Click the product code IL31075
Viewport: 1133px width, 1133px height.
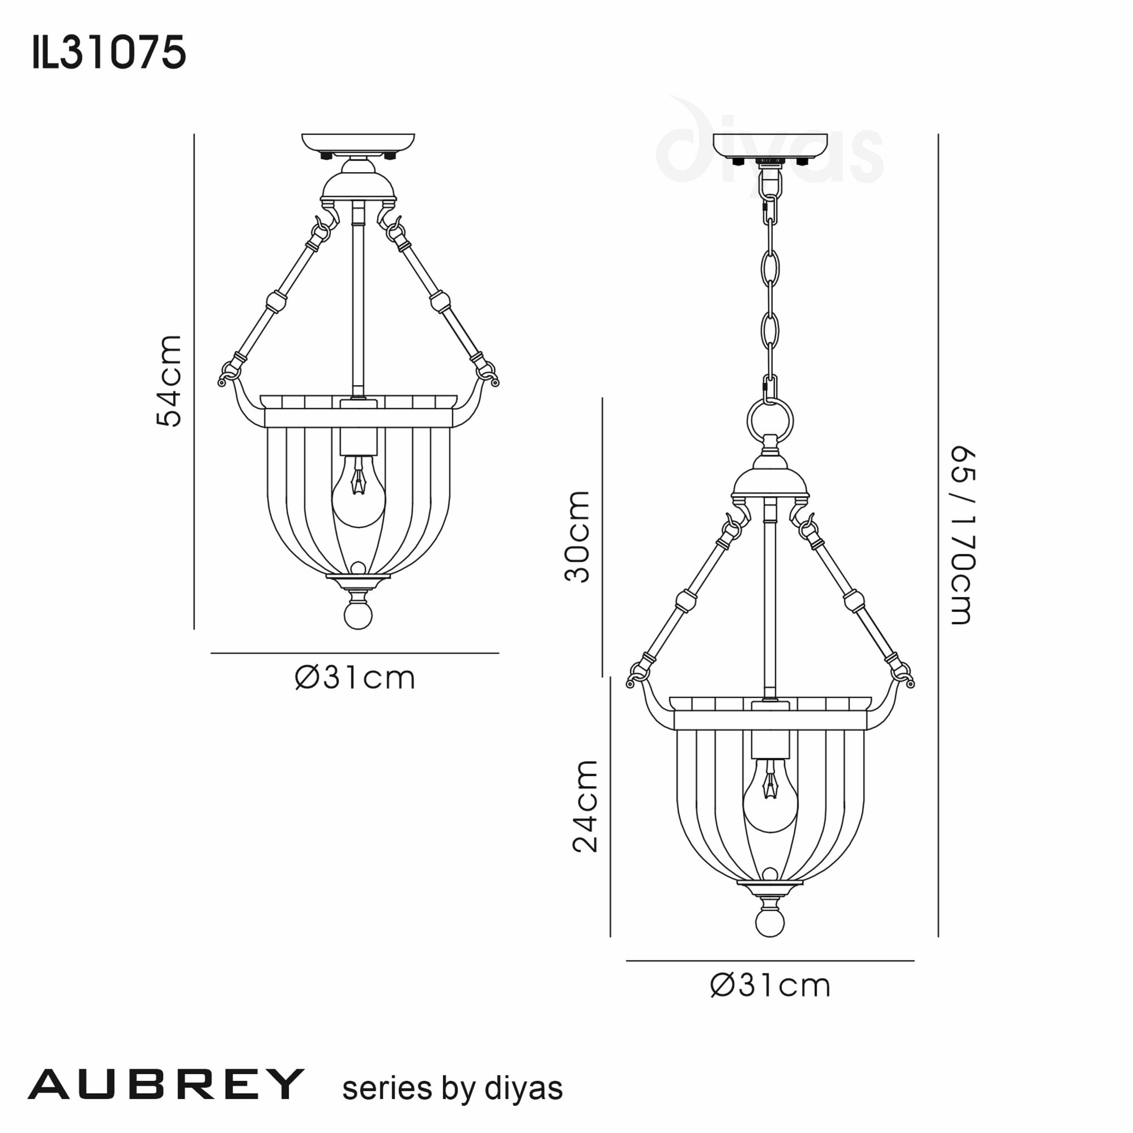click(109, 53)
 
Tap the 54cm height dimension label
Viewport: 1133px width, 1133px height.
click(169, 381)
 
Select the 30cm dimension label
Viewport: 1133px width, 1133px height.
click(577, 536)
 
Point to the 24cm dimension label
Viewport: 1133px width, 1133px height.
click(585, 806)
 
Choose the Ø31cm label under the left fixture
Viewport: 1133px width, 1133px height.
click(355, 679)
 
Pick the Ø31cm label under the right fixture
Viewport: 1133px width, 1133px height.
click(770, 986)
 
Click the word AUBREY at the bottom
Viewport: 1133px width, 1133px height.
click(166, 1084)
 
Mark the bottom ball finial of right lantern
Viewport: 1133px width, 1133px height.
click(770, 922)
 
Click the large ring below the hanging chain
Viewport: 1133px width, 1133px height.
click(770, 420)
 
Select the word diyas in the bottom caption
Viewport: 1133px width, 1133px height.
click(523, 1088)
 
